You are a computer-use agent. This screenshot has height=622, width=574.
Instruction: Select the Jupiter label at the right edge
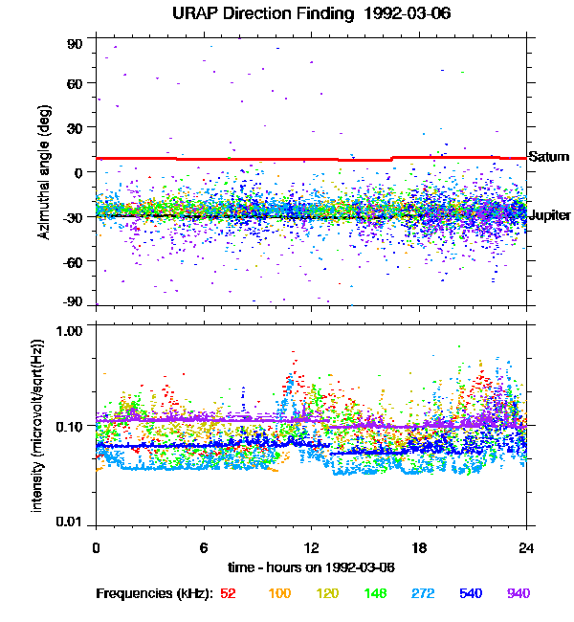point(549,216)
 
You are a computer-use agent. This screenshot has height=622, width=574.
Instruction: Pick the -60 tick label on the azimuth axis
point(73,260)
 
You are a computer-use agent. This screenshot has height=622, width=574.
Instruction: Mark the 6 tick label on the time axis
point(204,547)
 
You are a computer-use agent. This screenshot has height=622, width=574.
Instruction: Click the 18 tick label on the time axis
point(418,547)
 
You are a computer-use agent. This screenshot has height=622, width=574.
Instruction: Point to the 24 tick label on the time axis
point(526,547)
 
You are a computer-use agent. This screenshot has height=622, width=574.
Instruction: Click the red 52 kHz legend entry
point(229,593)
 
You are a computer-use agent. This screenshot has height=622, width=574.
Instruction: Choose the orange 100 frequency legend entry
point(279,593)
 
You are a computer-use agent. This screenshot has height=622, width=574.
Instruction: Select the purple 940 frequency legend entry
point(518,593)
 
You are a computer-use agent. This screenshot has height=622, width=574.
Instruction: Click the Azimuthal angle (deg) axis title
point(44,172)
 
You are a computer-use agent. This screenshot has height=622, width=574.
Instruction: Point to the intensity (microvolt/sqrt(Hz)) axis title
point(38,423)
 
